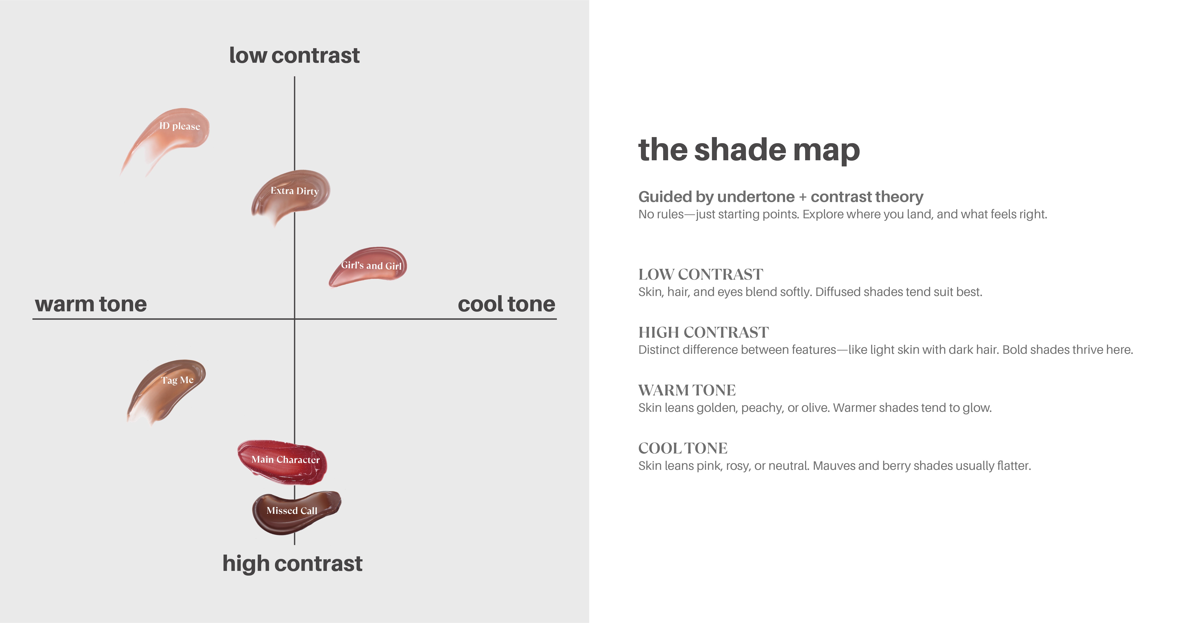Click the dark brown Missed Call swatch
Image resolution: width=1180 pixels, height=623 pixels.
[295, 512]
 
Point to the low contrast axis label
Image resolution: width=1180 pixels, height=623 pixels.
[294, 55]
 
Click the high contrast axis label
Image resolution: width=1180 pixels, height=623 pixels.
[292, 563]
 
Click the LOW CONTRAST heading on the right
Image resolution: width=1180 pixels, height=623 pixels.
[701, 274]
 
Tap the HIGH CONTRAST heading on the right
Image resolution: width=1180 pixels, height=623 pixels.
[704, 332]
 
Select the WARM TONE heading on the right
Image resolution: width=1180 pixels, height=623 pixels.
[687, 390]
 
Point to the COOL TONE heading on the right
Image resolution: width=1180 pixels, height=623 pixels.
[683, 448]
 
